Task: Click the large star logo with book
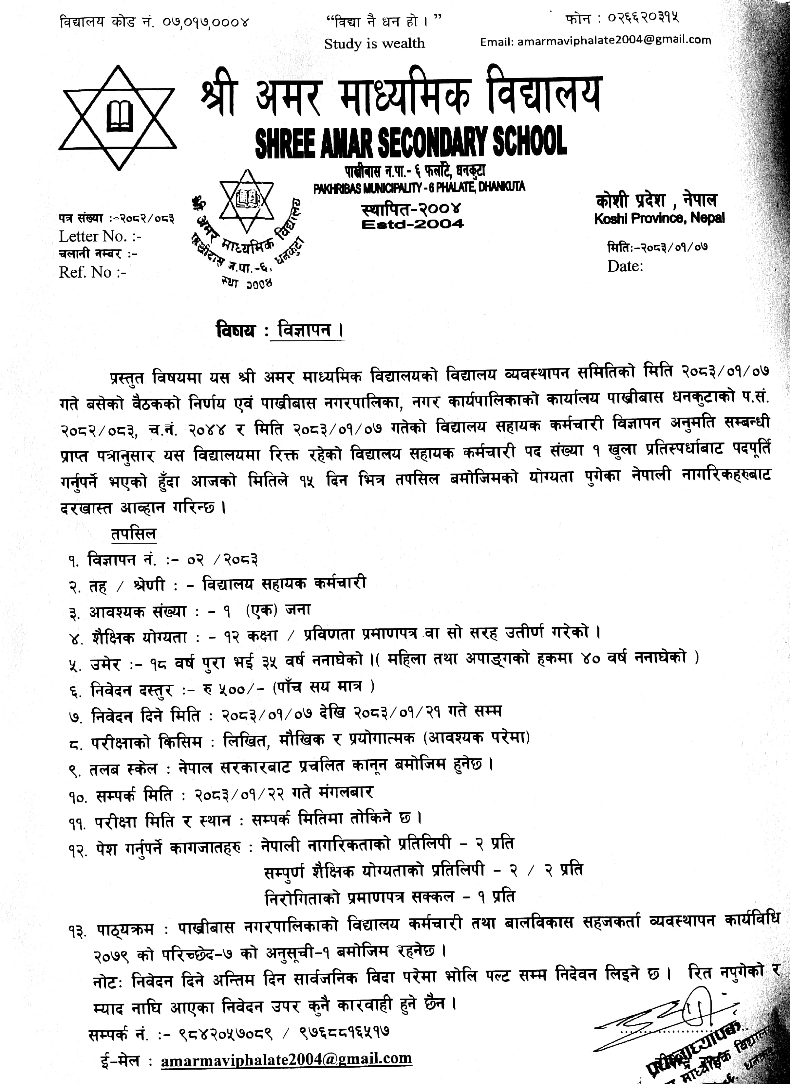coord(118,117)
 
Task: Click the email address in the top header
coord(595,41)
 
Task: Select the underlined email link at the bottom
coord(286,1059)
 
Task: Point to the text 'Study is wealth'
coord(374,44)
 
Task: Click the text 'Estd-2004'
coord(412,224)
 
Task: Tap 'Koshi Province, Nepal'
coord(659,218)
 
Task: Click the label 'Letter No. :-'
coord(100,236)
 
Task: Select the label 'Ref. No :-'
coord(92,272)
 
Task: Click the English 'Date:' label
coord(625,266)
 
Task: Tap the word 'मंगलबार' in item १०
coord(345,792)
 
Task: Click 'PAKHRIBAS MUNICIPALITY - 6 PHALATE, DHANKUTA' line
coord(419,187)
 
